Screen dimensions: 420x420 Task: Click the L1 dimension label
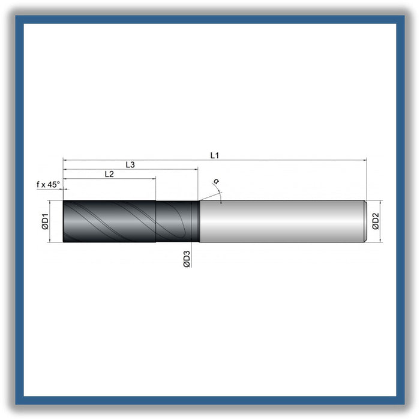pyautogui.click(x=215, y=155)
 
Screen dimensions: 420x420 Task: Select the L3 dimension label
pyautogui.click(x=130, y=165)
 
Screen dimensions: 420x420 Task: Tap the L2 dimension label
pyautogui.click(x=109, y=174)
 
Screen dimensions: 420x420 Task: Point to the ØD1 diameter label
pyautogui.click(x=45, y=221)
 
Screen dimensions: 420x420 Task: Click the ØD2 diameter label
pyautogui.click(x=376, y=221)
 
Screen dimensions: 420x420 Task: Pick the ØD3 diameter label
pyautogui.click(x=187, y=259)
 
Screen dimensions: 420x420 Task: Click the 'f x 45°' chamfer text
pyautogui.click(x=48, y=185)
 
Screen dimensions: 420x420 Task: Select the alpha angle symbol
pyautogui.click(x=216, y=181)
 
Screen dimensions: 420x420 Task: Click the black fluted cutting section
pyautogui.click(x=109, y=221)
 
